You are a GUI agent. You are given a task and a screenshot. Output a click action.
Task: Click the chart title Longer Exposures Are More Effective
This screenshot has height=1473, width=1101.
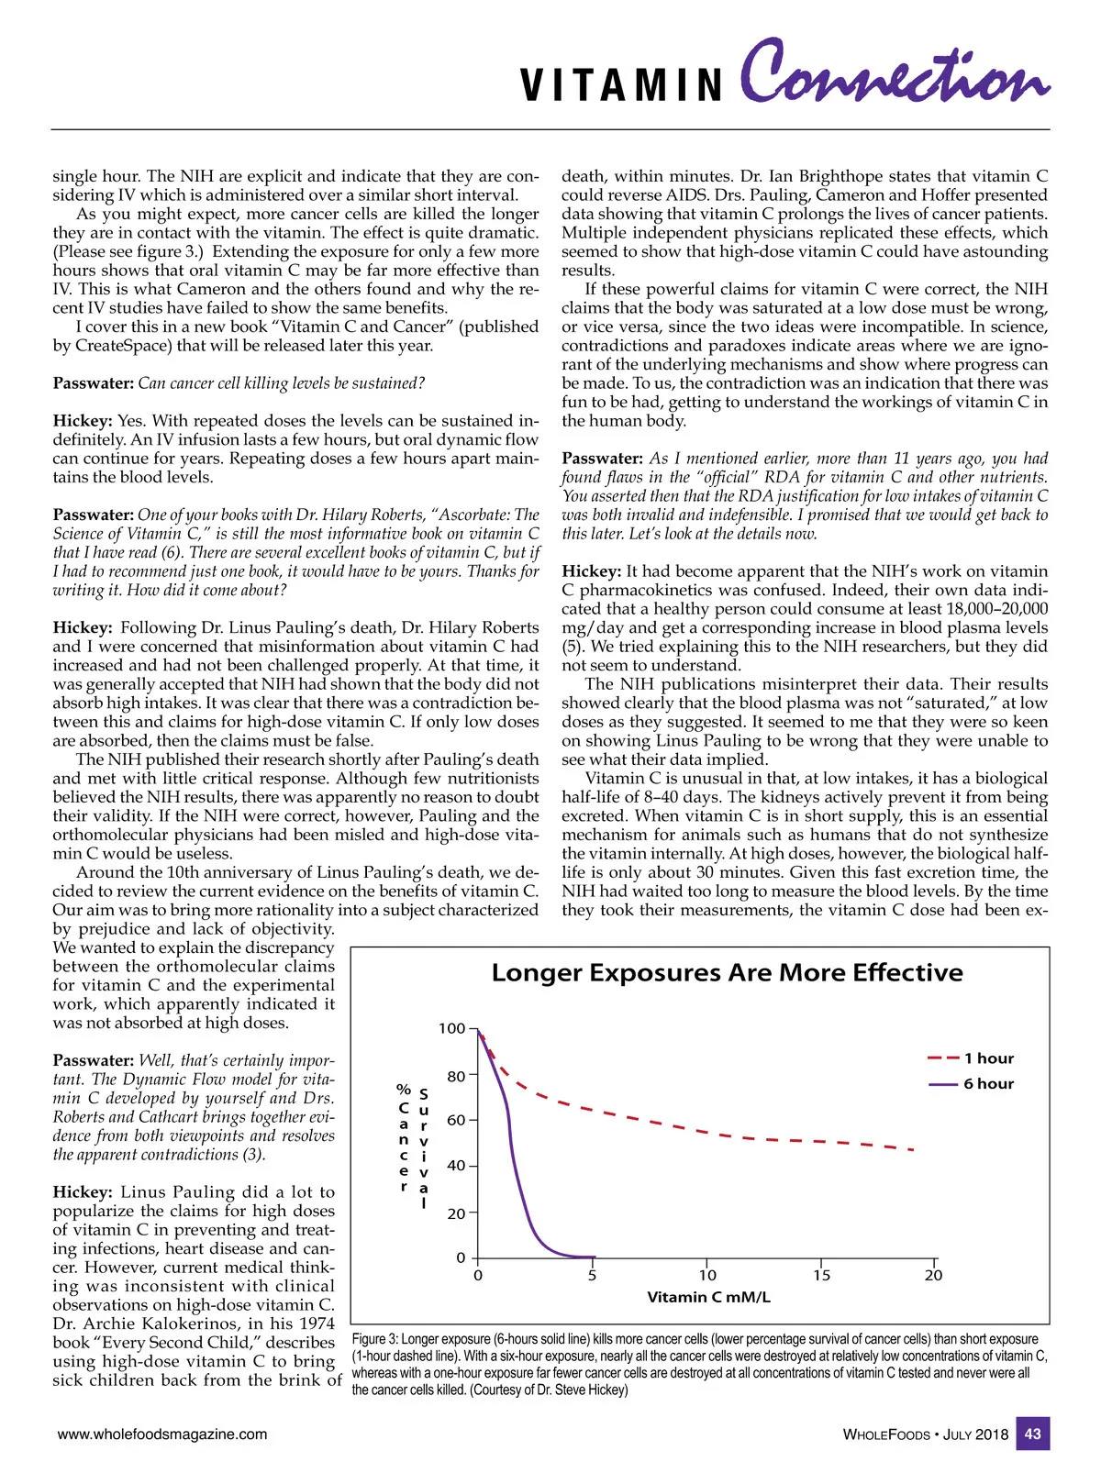coord(727,973)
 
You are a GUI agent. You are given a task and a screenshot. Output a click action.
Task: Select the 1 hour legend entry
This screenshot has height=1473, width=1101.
coord(988,1058)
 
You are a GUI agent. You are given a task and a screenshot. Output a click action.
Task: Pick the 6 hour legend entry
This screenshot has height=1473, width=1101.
coord(988,1084)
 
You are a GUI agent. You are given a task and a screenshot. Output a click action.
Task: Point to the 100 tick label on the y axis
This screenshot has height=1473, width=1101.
coord(451,1029)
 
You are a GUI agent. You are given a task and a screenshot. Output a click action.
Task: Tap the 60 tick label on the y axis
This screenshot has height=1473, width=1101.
coord(456,1121)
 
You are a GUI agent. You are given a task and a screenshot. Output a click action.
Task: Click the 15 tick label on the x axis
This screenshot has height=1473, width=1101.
coord(821,1276)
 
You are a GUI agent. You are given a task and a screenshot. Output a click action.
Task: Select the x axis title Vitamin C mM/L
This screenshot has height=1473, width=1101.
coord(708,1298)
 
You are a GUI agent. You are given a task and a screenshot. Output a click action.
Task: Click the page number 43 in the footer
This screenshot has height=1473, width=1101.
coord(1032,1434)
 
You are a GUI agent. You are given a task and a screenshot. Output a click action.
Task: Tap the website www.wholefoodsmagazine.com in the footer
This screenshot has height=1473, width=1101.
coord(162,1434)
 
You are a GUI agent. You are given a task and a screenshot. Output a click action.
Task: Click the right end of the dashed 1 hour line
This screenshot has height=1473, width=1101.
coord(914,1150)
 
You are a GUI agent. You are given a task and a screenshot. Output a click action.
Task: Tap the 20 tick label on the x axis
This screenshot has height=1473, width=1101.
coord(933,1276)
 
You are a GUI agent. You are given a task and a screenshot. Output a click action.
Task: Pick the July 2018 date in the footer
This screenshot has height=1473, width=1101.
coord(975,1434)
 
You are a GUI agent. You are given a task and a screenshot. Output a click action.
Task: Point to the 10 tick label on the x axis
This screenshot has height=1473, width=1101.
coord(707,1276)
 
